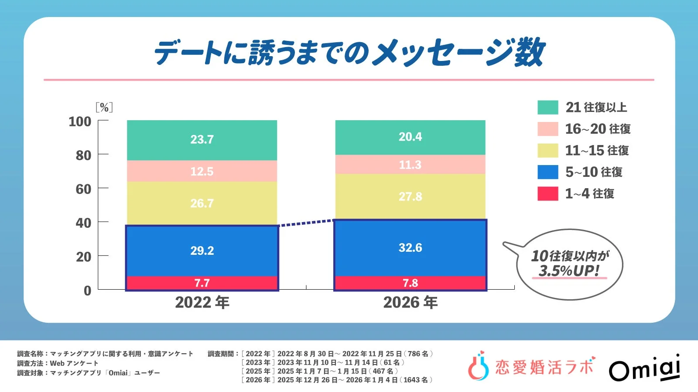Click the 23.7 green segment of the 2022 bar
click(202, 140)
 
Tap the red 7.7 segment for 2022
click(202, 283)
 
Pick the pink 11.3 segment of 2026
click(410, 165)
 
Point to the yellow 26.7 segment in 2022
click(202, 203)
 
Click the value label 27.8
click(410, 196)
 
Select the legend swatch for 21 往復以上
click(547, 107)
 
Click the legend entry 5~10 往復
click(593, 172)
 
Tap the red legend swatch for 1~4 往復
click(547, 193)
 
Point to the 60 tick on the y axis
click(83, 189)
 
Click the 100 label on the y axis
click(80, 122)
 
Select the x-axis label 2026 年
click(410, 302)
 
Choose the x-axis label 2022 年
click(202, 302)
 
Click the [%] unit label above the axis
click(104, 107)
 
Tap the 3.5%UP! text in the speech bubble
click(569, 270)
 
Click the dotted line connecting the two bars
click(306, 223)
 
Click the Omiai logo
click(644, 368)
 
